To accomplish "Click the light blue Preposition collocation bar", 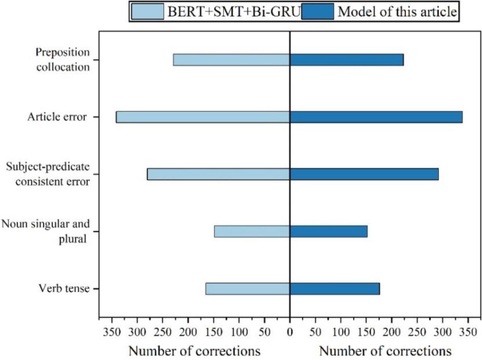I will point(231,60).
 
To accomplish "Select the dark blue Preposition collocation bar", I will point(346,60).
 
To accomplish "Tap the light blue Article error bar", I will point(203,117).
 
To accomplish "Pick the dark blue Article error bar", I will point(376,117).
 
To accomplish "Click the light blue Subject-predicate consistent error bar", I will point(218,174).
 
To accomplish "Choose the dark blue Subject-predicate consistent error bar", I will point(364,174).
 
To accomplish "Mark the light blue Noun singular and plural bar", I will point(252,231).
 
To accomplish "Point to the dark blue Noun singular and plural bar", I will point(329,231).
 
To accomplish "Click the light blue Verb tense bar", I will point(248,289).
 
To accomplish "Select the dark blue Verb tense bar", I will point(334,289).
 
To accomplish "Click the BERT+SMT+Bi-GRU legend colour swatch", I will point(148,12).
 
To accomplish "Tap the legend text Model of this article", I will point(397,12).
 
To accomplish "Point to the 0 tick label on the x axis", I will point(290,332).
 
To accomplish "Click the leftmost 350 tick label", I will point(112,332).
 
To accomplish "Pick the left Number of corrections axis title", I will point(194,351).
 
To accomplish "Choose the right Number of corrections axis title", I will point(385,351).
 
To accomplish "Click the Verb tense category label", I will point(64,288).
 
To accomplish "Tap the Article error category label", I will point(57,117).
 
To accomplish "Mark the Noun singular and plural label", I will point(46,231).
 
